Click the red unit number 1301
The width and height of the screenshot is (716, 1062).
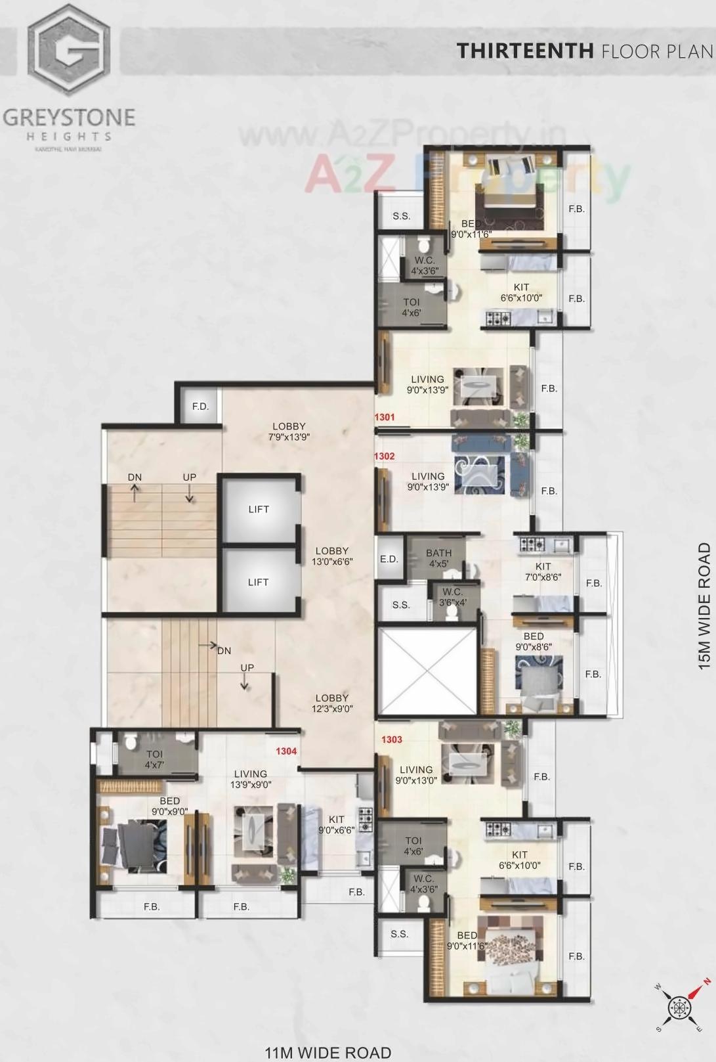tap(385, 417)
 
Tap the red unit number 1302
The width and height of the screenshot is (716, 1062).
tap(385, 456)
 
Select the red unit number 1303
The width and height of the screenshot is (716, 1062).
tap(392, 740)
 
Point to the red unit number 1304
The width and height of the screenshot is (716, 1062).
tap(286, 751)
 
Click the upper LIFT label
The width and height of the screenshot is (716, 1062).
tap(259, 509)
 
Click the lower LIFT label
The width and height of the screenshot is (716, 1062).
tap(259, 582)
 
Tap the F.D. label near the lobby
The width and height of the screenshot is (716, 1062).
tap(200, 407)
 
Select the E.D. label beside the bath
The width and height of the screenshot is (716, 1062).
tap(389, 559)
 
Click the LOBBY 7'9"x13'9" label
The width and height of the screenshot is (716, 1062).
tap(289, 431)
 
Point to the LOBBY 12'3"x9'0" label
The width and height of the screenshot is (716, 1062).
tap(332, 703)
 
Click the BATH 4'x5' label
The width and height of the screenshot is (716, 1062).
tap(438, 558)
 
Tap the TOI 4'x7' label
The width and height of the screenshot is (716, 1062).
tap(155, 759)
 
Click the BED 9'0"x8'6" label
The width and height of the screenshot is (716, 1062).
tap(534, 641)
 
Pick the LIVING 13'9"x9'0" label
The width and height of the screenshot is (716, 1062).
tap(251, 779)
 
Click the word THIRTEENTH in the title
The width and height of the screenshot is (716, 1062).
tap(525, 51)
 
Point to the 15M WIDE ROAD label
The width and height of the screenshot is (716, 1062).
tap(704, 606)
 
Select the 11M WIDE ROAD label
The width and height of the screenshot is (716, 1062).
tap(328, 1053)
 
